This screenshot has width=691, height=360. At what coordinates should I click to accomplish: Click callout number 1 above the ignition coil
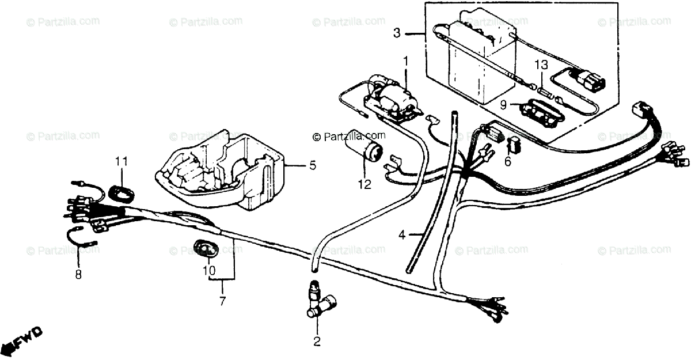click(405, 60)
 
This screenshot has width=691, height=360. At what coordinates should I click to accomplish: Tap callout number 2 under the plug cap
click(316, 342)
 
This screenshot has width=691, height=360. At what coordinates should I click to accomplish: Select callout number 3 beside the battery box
click(397, 33)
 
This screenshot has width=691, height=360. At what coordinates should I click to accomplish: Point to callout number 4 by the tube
click(403, 234)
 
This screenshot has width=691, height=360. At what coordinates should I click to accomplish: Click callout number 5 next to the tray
click(312, 165)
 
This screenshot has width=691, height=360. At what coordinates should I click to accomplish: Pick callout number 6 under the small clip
click(507, 162)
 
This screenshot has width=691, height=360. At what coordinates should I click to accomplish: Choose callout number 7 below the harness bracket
click(222, 300)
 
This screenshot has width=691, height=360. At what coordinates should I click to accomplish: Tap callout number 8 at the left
click(78, 274)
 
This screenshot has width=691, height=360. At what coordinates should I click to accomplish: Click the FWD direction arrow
click(22, 342)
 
